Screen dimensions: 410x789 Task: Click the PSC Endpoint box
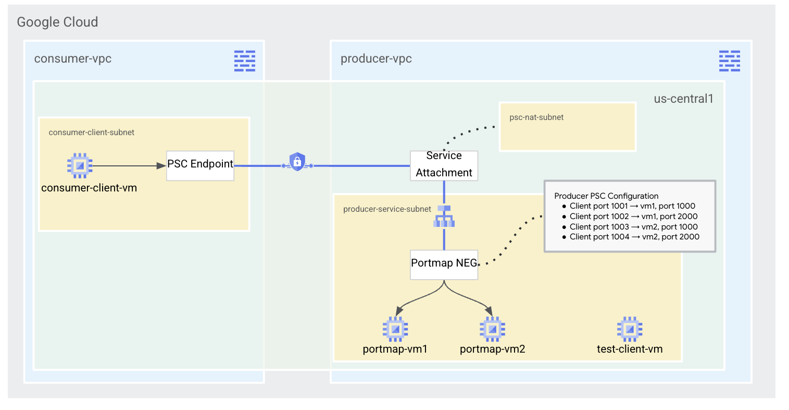pos(200,165)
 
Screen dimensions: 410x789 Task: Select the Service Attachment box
pos(444,165)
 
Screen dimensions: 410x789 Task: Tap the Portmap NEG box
pos(444,264)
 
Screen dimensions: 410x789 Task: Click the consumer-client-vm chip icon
pos(80,166)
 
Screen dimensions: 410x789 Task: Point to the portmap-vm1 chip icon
pos(395,329)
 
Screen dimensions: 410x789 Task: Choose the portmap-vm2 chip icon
pos(492,329)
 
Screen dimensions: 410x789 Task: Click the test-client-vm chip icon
pos(629,329)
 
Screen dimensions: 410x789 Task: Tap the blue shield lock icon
pos(297,162)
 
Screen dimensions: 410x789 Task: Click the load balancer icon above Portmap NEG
pos(444,216)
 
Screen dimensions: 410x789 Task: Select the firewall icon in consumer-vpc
pos(244,61)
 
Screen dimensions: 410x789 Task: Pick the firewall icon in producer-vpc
pos(729,61)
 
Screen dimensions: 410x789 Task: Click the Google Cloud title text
pos(57,22)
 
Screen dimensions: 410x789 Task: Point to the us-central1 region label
pos(683,99)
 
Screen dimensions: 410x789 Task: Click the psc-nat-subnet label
pos(536,117)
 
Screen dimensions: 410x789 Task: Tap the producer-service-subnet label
pos(387,209)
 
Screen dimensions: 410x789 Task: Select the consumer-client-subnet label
pos(91,132)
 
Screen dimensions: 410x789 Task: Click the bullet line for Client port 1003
pos(633,227)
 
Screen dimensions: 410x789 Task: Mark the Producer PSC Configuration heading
pos(606,196)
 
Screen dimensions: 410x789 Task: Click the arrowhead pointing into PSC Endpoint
pos(161,166)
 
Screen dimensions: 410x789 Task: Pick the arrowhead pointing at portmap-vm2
pos(489,311)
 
